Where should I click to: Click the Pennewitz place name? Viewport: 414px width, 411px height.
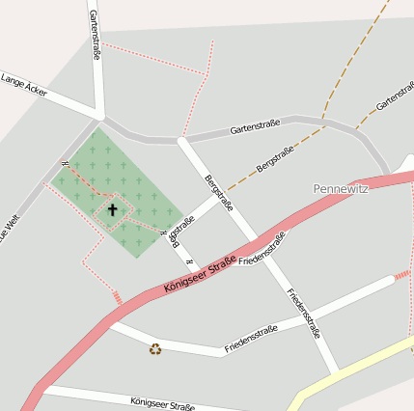[342, 188]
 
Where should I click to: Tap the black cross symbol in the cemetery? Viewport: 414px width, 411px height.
[112, 209]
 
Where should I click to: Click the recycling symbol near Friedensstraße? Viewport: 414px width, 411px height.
[155, 348]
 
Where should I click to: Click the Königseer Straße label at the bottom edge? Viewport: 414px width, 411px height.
[162, 403]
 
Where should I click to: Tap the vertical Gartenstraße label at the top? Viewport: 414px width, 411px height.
[95, 35]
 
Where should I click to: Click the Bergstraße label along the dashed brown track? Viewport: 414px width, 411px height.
[276, 159]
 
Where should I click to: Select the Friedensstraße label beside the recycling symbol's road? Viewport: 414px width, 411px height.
[251, 337]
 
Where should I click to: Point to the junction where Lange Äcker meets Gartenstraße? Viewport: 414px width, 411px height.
[100, 119]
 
